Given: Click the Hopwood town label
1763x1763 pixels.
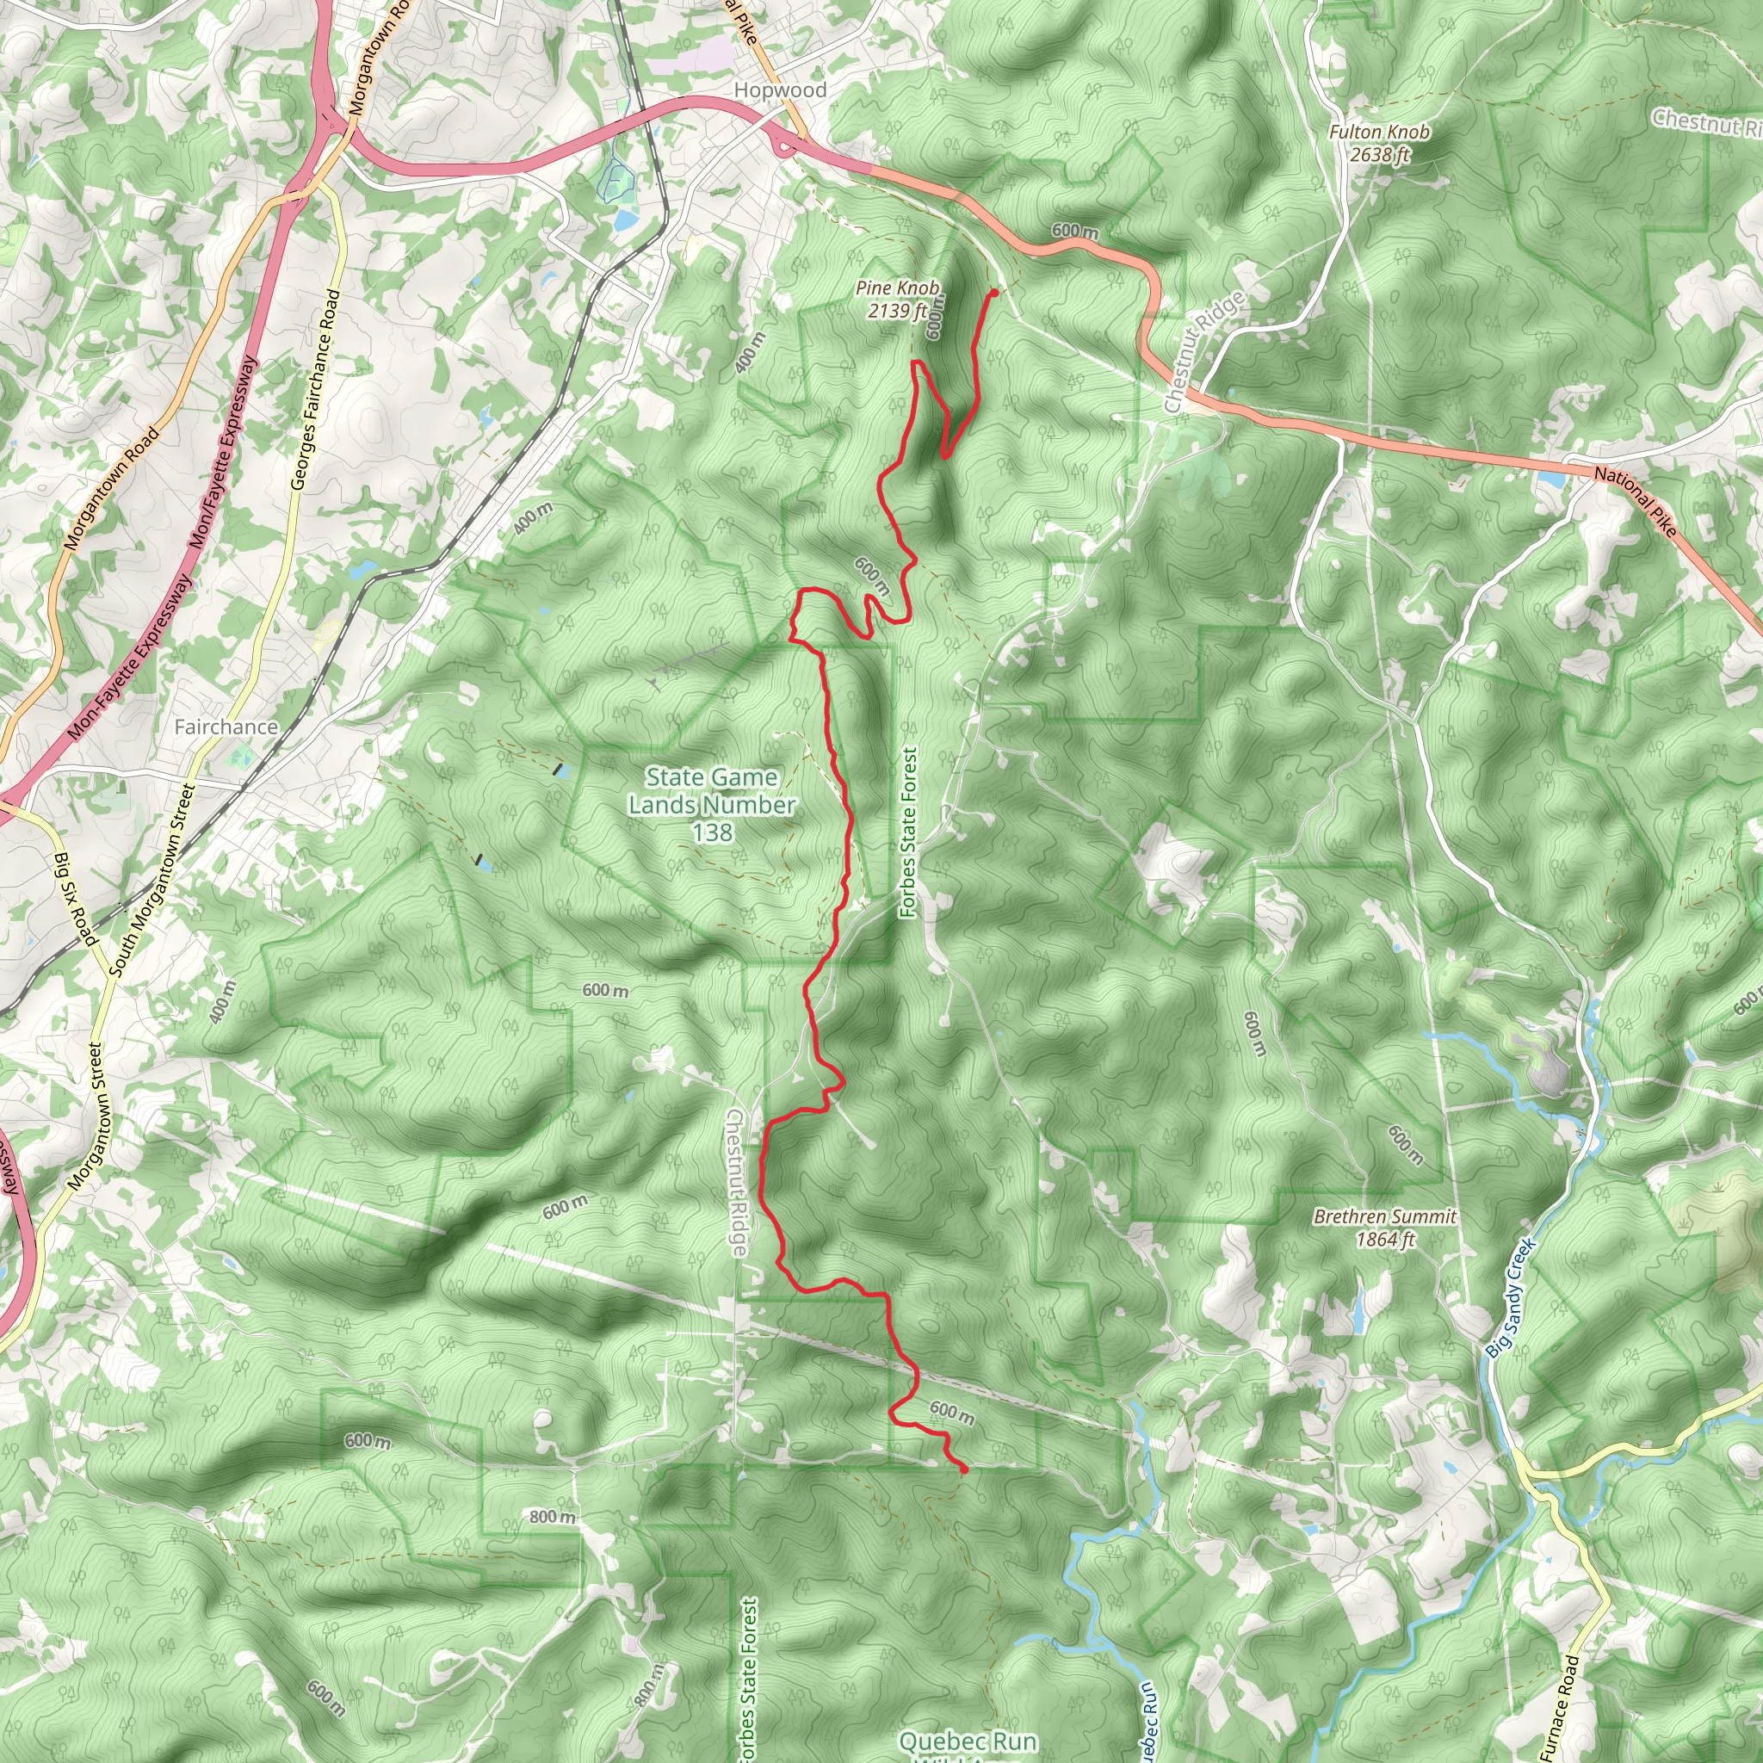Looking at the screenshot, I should pos(780,90).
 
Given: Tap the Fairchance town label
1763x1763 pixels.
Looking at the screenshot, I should pos(226,727).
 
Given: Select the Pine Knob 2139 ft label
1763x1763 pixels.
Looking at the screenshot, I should pos(897,300).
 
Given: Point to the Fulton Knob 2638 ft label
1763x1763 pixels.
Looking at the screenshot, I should pos(1379,143).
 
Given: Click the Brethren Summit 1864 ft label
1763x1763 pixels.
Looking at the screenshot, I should pos(1384,1228).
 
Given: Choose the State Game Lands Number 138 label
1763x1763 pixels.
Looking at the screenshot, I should pos(712,805).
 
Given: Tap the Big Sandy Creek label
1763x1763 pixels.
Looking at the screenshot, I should pos(1511,1296).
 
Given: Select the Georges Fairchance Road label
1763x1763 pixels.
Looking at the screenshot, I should pos(316,390).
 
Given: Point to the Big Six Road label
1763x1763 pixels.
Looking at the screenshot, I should pos(76,900).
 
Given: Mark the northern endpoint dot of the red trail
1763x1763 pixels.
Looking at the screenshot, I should pos(993,292).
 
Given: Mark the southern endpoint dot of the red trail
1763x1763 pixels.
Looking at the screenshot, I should pos(964,1469).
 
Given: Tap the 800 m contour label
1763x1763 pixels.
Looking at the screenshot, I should pos(552,1517).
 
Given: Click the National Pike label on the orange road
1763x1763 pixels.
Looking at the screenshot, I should pos(1636,501).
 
